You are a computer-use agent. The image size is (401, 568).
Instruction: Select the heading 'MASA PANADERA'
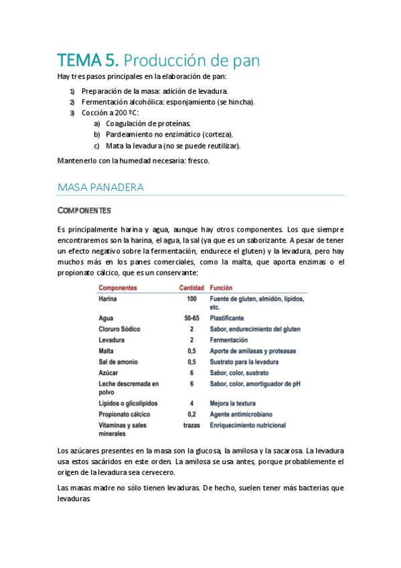(101, 187)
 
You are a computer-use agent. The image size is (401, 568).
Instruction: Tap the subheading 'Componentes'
(84, 211)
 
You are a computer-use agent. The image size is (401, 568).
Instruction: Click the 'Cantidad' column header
(191, 287)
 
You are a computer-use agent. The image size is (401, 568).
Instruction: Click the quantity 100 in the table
(191, 298)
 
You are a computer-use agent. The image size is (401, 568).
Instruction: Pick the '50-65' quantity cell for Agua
(191, 318)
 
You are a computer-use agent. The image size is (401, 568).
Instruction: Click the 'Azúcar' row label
(108, 372)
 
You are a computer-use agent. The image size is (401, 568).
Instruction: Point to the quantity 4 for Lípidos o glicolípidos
(191, 403)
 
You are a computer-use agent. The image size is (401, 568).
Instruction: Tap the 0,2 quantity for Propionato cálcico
(191, 414)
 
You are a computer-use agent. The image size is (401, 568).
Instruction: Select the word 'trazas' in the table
(191, 425)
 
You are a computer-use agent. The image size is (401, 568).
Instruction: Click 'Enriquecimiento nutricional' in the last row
(248, 425)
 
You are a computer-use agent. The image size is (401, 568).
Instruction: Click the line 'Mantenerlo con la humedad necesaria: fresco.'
(134, 161)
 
